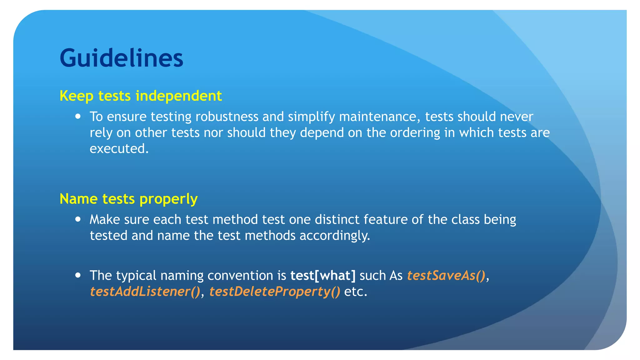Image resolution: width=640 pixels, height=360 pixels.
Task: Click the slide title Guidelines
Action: tap(121, 58)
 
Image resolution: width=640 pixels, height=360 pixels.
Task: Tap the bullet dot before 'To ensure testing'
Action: tap(78, 117)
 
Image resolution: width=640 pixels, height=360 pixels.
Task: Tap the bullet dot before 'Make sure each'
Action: tap(78, 219)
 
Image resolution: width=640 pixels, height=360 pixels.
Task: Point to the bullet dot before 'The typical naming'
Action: tap(78, 275)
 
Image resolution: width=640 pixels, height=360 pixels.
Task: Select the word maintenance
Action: tap(377, 117)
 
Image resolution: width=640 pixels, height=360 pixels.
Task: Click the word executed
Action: tap(119, 149)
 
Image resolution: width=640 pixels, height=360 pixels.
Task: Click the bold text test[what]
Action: tap(323, 275)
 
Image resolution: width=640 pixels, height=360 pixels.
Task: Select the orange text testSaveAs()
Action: tap(446, 275)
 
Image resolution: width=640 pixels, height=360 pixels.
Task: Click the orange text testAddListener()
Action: tap(145, 292)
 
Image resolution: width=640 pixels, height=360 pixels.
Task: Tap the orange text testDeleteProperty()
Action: tap(274, 292)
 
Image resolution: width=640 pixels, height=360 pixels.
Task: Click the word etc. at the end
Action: tap(355, 292)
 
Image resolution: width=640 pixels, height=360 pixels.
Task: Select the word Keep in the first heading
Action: tap(76, 96)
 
